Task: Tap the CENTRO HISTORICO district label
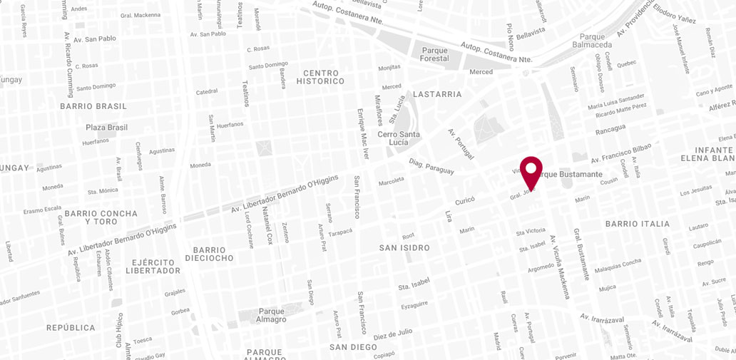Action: pos(324,77)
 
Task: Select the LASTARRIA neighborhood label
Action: pos(437,94)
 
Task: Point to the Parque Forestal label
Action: pos(434,54)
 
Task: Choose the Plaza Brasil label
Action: pos(106,128)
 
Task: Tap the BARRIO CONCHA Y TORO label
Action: pos(101,217)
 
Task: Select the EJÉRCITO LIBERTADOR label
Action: pos(153,266)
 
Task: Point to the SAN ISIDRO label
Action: pos(404,248)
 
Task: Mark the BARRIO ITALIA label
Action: pos(638,224)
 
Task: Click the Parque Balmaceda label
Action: pos(592,41)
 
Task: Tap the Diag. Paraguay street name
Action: pos(431,166)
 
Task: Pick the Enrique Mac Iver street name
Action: pos(364,134)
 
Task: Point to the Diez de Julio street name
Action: pos(393,334)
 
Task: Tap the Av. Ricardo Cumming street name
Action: pos(69,64)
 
